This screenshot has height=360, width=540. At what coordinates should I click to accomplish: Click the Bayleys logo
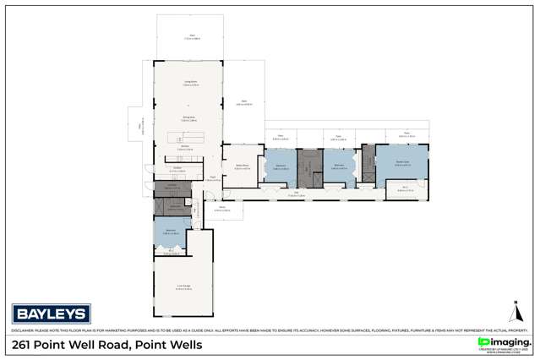50,314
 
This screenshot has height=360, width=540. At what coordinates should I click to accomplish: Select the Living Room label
190,83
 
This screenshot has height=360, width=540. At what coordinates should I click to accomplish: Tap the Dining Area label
190,117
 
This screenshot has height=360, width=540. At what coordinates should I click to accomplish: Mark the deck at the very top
190,38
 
